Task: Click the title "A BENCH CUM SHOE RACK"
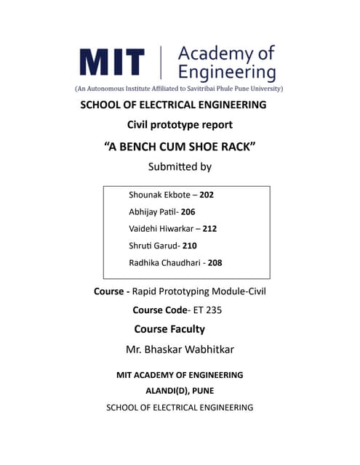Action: (x=180, y=146)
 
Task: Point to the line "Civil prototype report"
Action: (x=180, y=125)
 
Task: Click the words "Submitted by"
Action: (x=180, y=167)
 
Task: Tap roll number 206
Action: (x=188, y=211)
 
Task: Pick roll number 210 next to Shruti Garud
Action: (x=190, y=246)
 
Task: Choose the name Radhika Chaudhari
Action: (x=165, y=262)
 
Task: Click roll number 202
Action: (x=207, y=195)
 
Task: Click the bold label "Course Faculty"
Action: (x=169, y=329)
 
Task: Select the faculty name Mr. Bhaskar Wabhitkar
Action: (x=180, y=349)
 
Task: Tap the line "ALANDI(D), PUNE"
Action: (x=180, y=391)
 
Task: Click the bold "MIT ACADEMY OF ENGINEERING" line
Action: (x=180, y=375)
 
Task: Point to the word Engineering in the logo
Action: (x=227, y=72)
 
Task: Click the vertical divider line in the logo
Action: (x=161, y=62)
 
